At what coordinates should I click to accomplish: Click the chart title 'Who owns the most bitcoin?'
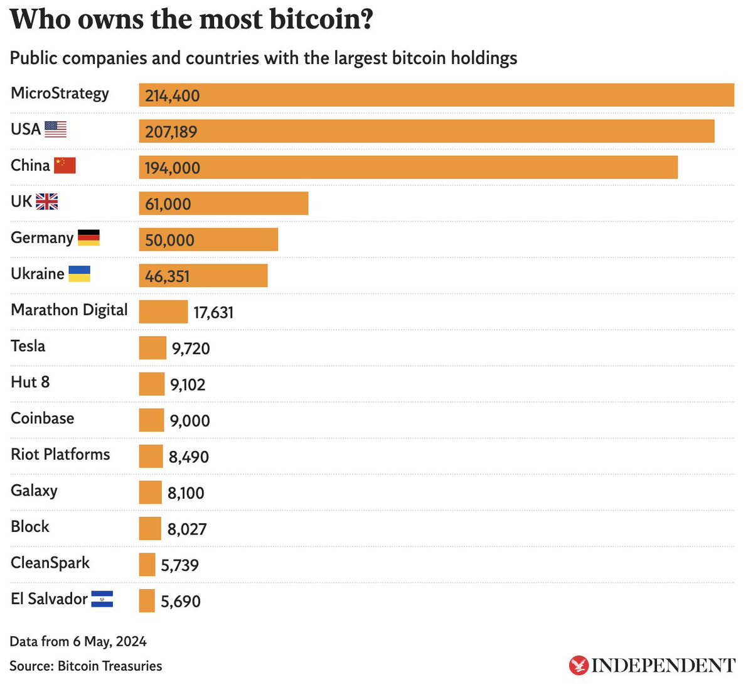[x=191, y=20]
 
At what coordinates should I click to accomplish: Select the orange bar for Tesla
[x=152, y=348]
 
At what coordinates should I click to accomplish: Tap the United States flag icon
[x=56, y=129]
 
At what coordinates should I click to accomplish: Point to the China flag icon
[x=65, y=165]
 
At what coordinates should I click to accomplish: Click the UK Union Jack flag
[x=46, y=202]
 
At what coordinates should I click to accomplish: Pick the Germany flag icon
[x=88, y=237]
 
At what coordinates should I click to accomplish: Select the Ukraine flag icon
[x=79, y=274]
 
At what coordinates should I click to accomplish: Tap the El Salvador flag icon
[x=102, y=599]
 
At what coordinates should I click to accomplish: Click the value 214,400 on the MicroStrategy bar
[x=173, y=96]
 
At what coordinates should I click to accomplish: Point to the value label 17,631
[x=213, y=313]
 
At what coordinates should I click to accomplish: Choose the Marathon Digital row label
[x=69, y=310]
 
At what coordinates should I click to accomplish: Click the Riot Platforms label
[x=60, y=455]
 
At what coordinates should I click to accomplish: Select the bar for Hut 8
[x=152, y=384]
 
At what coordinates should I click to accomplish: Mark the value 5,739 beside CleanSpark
[x=180, y=566]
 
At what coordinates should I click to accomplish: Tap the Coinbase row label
[x=43, y=418]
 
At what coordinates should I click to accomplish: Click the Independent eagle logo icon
[x=578, y=665]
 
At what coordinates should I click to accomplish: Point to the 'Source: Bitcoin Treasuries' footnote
[x=86, y=666]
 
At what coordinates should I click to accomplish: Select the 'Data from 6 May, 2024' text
[x=78, y=642]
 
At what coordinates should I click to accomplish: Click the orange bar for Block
[x=150, y=529]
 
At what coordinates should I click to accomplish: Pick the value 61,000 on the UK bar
[x=168, y=204]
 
